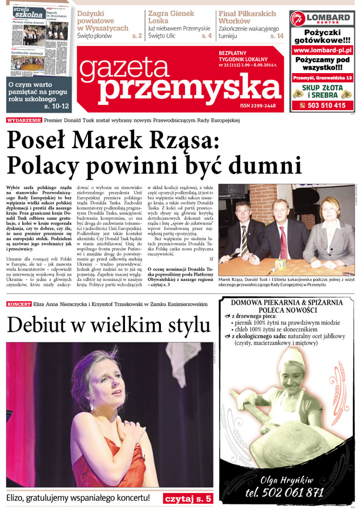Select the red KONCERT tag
(19, 304)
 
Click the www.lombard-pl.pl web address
(322, 50)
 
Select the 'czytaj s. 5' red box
(188, 499)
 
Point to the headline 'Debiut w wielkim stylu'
(109, 325)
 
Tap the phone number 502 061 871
(284, 493)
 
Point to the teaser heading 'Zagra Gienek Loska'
(171, 17)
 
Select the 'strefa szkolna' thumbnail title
(29, 12)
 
